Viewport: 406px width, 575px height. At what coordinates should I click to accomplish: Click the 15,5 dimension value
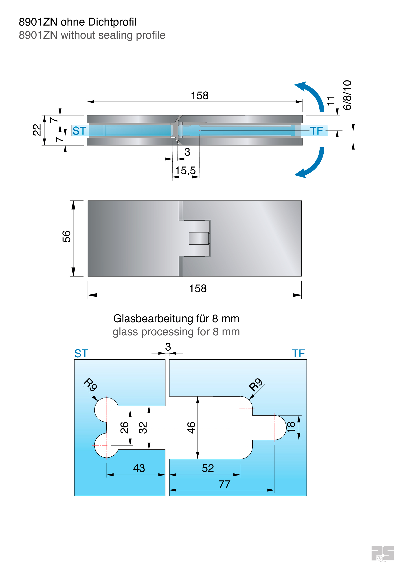(185, 171)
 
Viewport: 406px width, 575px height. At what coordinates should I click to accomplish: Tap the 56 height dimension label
(67, 237)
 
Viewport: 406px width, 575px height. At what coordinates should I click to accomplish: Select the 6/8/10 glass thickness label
(347, 95)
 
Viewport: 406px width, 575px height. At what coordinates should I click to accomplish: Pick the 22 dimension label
(37, 130)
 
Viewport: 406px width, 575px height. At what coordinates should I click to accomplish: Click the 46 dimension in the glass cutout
(191, 428)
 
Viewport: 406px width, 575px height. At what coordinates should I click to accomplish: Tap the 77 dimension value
(224, 484)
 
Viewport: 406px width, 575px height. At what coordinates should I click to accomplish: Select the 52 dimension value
(208, 468)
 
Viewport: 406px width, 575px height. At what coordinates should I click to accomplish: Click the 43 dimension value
(139, 468)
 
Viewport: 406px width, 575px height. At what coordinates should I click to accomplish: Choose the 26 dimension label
(124, 428)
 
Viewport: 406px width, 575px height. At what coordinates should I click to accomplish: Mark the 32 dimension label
(143, 428)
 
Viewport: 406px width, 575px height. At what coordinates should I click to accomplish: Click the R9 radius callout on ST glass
(90, 385)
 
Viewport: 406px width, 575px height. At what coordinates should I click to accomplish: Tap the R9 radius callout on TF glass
(256, 385)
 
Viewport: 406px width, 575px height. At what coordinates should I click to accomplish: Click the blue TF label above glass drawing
(298, 354)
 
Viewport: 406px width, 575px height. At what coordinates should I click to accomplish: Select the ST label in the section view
(79, 131)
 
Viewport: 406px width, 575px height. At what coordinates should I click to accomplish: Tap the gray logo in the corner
(382, 554)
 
